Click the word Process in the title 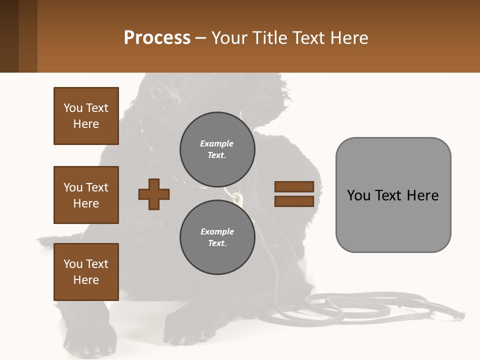point(157,37)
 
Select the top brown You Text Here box point(86,116)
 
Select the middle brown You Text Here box point(86,195)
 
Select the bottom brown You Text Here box point(86,272)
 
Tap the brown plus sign point(154,194)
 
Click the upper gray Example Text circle point(217,149)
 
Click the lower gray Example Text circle point(217,237)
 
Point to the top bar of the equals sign point(294,187)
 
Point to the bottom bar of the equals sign point(294,201)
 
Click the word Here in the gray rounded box point(422,195)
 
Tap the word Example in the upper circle point(217,143)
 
